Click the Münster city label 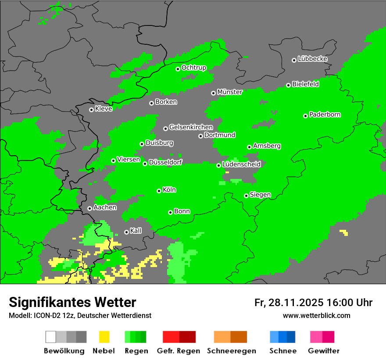[230, 92]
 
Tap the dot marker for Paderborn [305, 116]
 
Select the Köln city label [169, 190]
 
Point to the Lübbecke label [312, 59]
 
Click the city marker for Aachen [89, 209]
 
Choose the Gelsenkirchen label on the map [191, 127]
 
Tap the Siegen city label [260, 195]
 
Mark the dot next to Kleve [91, 110]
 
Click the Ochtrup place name [194, 68]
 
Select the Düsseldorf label [165, 162]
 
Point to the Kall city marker [126, 232]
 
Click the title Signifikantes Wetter [72, 302]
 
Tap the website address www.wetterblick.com [317, 315]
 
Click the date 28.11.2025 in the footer [295, 303]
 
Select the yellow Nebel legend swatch [104, 337]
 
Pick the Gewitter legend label [324, 351]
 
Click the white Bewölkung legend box [51, 337]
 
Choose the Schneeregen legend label [231, 351]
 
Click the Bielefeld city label [305, 84]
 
